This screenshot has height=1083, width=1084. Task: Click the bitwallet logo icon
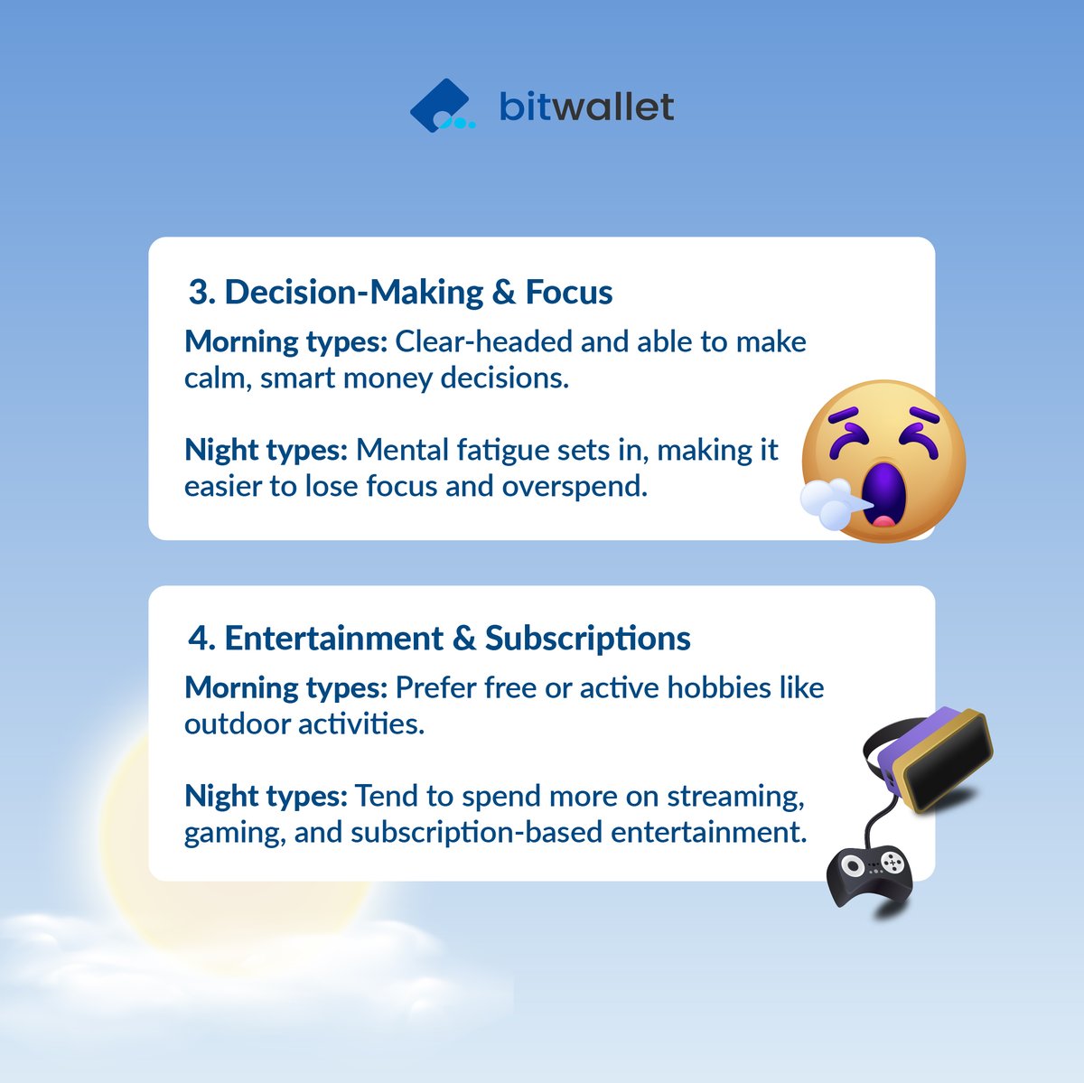tap(440, 107)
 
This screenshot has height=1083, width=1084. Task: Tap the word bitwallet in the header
tap(586, 107)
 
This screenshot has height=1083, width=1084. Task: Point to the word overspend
tap(575, 486)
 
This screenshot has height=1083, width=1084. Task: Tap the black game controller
tap(870, 873)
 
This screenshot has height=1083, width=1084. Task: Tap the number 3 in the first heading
tap(198, 293)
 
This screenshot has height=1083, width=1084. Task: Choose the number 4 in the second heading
tap(199, 639)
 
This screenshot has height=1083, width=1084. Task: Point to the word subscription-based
tap(476, 832)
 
